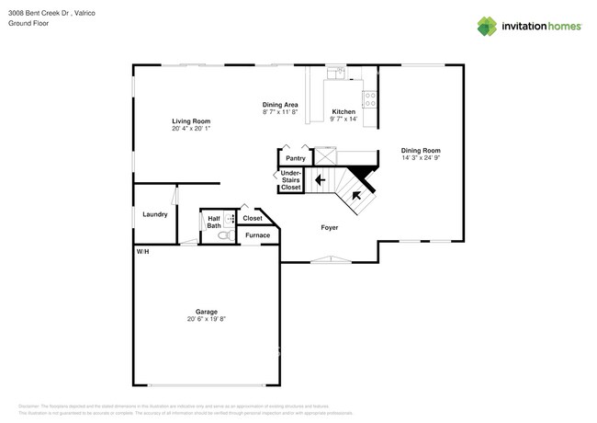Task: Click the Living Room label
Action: [191, 121]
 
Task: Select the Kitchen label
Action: [344, 111]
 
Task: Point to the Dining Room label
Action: [421, 150]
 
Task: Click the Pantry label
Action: [295, 158]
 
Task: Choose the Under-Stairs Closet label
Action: [291, 180]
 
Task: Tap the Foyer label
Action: [329, 227]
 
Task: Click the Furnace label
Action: [257, 235]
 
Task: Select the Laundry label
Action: [154, 214]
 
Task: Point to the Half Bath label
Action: [213, 222]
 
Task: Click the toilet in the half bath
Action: [223, 235]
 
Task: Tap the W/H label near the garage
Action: [142, 251]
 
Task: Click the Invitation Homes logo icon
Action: [487, 27]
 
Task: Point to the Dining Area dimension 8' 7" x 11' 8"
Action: [279, 112]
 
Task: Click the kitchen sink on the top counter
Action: [336, 71]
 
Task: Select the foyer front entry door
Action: [328, 260]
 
